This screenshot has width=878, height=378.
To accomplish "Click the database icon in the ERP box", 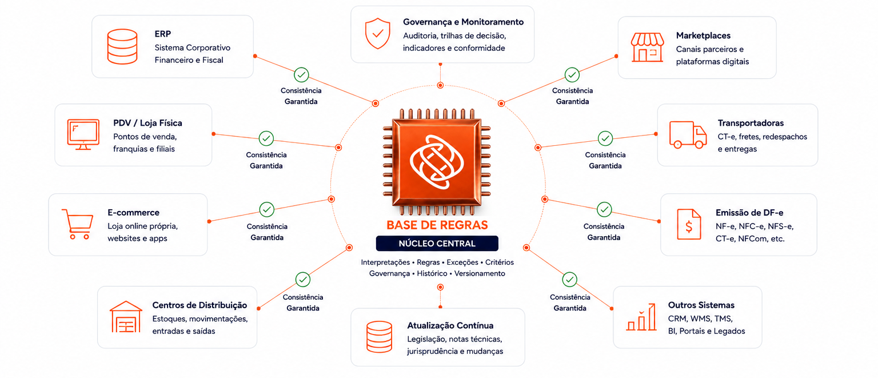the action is tap(122, 46).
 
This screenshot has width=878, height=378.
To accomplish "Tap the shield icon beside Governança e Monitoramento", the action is tap(377, 33).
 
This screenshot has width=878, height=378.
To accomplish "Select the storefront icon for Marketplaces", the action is tap(647, 47).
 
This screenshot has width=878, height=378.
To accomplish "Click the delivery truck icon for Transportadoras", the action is tap(688, 134).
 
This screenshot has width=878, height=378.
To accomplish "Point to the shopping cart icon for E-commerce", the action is tap(78, 224).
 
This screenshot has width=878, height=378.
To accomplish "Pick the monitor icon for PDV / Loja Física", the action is tap(83, 134).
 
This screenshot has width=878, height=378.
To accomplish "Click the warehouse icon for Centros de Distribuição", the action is tap(126, 317).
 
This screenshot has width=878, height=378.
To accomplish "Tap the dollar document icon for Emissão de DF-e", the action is tap(689, 224).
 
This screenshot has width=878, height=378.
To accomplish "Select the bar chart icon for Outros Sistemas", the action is tap(641, 317).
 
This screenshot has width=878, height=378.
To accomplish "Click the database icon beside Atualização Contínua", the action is tap(379, 337).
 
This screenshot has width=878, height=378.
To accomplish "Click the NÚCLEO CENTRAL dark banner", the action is tap(437, 244).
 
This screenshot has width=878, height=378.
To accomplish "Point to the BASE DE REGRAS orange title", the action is tap(437, 225).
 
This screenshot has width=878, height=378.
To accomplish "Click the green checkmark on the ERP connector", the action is tap(301, 74).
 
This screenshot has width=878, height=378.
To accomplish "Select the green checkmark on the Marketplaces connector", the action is tap(572, 74).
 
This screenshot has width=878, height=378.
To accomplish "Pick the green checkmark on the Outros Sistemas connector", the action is tap(569, 280).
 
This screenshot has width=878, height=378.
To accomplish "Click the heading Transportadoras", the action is tap(751, 123).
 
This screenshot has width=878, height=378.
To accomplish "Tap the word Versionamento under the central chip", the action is tap(480, 273).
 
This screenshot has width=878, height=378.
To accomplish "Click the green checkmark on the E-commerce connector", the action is tap(267, 209).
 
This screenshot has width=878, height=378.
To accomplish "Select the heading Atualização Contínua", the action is tap(450, 325).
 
